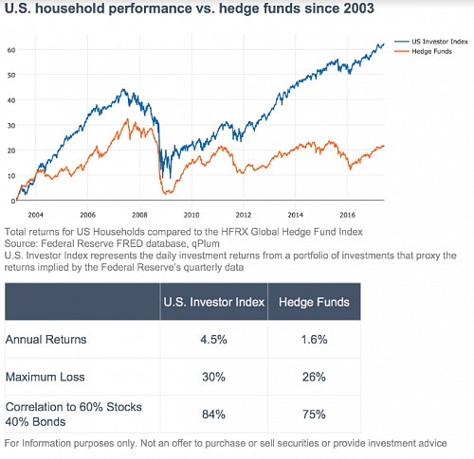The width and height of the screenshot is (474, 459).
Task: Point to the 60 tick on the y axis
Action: coord(11,50)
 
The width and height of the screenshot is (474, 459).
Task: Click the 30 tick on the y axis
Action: coord(11,125)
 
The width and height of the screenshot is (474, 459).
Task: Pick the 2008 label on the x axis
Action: coord(139,215)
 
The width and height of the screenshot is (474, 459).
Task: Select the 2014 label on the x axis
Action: coord(295,215)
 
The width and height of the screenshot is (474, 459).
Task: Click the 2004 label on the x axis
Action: coord(35,215)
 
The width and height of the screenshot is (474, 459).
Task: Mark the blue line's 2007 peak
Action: coord(123,89)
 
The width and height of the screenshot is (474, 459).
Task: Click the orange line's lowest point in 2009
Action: coord(165,193)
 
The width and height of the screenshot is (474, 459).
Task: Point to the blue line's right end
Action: coord(384,44)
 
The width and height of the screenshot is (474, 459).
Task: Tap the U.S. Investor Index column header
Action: coord(214,302)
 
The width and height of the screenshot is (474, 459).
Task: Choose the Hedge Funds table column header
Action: coord(314,302)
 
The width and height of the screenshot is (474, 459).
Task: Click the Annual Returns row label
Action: coord(46,340)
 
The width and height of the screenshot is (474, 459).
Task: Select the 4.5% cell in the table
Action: coord(213,340)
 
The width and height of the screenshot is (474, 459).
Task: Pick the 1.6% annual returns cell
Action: coord(314,340)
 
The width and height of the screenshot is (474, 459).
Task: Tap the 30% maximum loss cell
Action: coord(213,377)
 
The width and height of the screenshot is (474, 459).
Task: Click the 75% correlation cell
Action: coord(314,415)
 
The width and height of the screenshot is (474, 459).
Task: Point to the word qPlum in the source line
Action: coord(206,244)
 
